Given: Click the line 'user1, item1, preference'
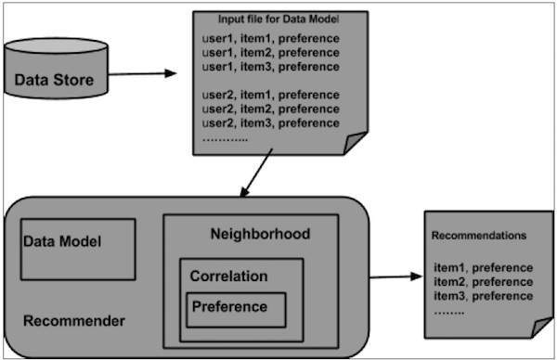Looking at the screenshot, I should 270,38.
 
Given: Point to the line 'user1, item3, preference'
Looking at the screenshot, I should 270,67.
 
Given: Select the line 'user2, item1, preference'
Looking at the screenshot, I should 270,96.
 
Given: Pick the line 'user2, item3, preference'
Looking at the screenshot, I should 270,123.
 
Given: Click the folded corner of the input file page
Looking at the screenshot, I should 355,145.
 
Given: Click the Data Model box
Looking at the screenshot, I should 78,248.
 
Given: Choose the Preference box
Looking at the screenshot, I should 235,307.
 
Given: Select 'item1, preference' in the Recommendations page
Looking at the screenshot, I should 483,268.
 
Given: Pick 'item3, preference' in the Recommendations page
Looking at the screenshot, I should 483,296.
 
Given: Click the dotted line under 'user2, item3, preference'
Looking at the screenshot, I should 226,137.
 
